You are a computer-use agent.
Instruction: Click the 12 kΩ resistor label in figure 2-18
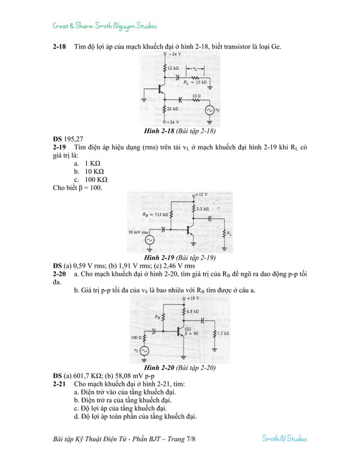click(173, 67)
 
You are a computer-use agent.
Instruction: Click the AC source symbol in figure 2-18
click(209, 111)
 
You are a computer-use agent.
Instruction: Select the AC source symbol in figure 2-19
click(150, 240)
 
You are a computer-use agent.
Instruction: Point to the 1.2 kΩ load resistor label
click(222, 333)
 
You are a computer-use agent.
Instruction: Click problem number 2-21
click(59, 383)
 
